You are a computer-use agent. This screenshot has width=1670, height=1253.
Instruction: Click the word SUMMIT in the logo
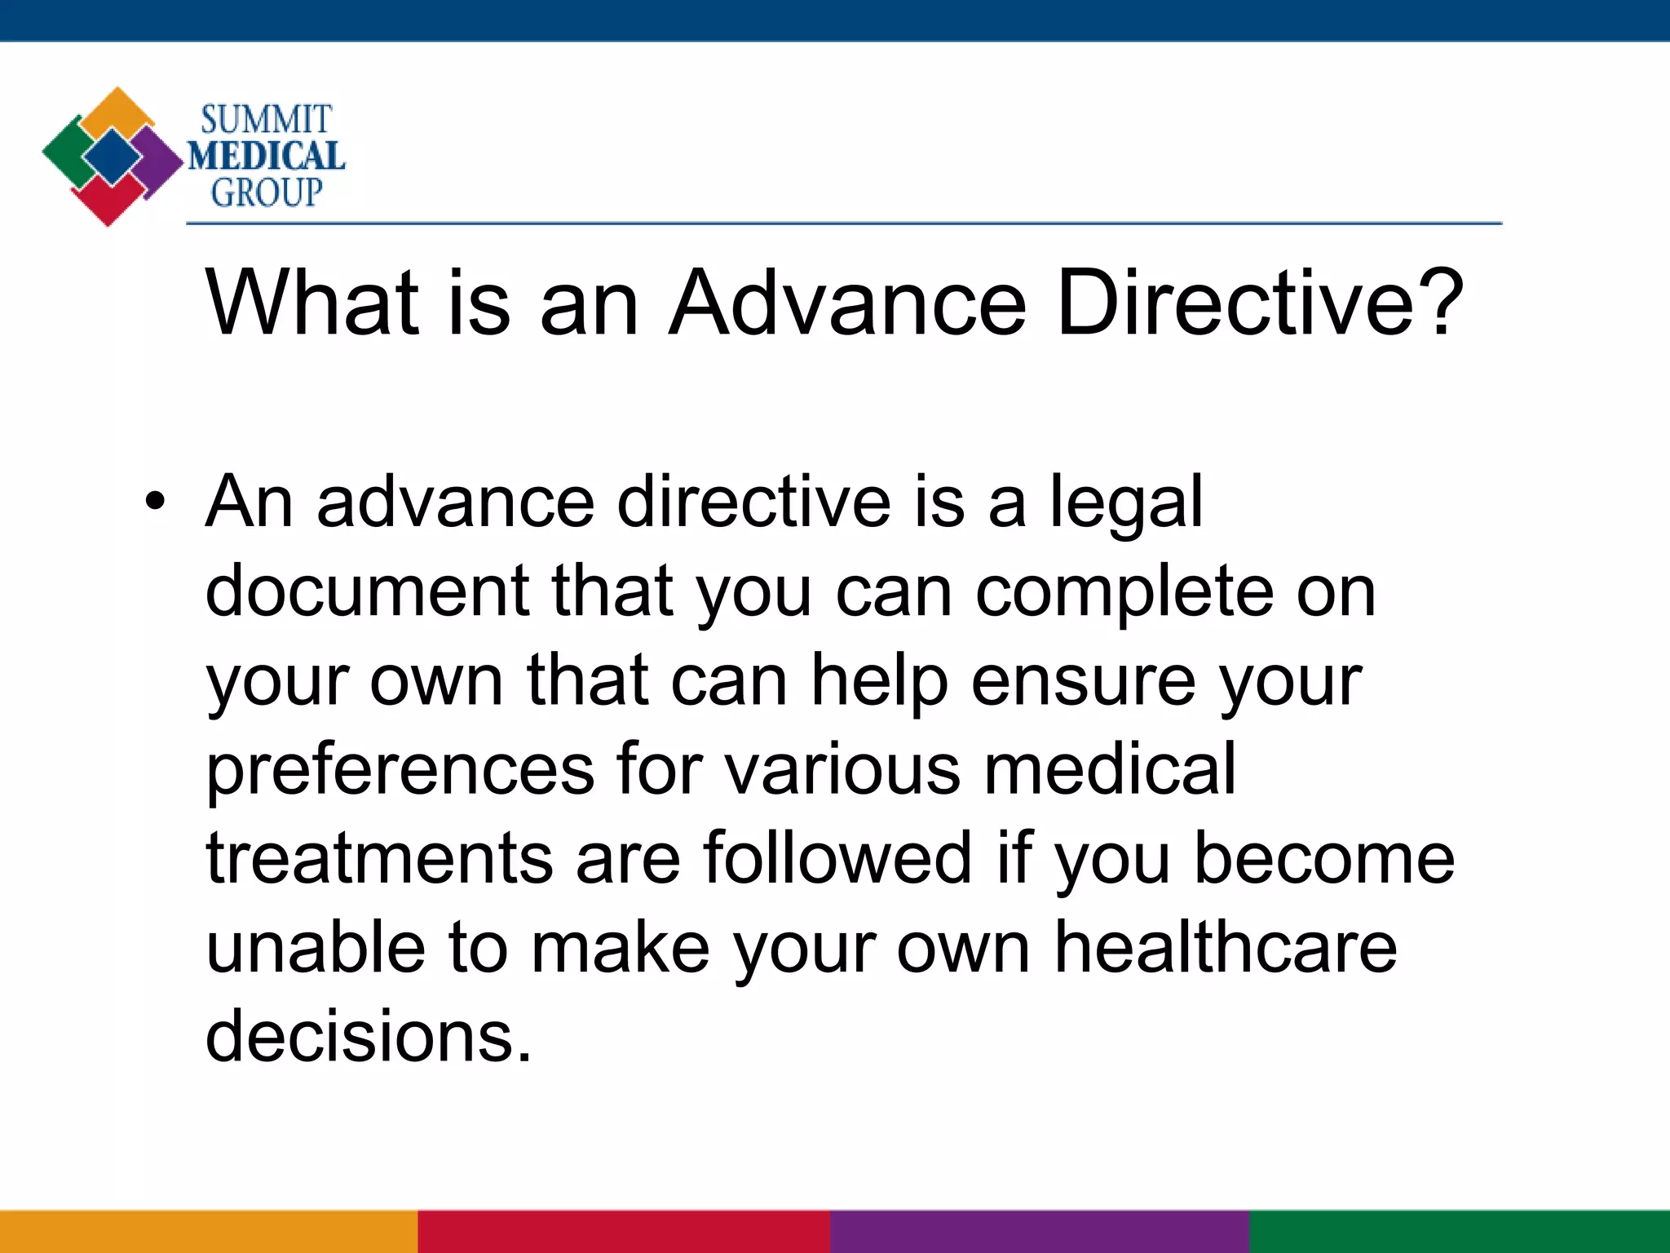[x=266, y=121]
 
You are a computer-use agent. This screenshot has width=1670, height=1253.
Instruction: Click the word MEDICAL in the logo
[x=266, y=157]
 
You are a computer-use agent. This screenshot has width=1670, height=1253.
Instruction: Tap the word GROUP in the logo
[x=266, y=193]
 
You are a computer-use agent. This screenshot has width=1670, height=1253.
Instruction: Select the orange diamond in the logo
[x=119, y=110]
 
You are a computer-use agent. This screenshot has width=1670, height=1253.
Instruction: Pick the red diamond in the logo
[x=108, y=202]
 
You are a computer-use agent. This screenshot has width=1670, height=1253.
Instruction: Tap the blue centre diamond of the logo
[x=113, y=156]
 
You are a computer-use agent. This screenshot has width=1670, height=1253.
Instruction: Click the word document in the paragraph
[x=368, y=591]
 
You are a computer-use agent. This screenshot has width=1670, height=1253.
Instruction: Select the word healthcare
[x=1226, y=949]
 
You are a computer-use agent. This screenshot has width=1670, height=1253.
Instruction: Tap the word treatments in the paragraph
[x=380, y=859]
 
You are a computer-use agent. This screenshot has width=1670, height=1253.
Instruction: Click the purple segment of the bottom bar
[x=1040, y=1232]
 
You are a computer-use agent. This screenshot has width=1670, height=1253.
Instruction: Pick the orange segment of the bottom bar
[x=208, y=1232]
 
